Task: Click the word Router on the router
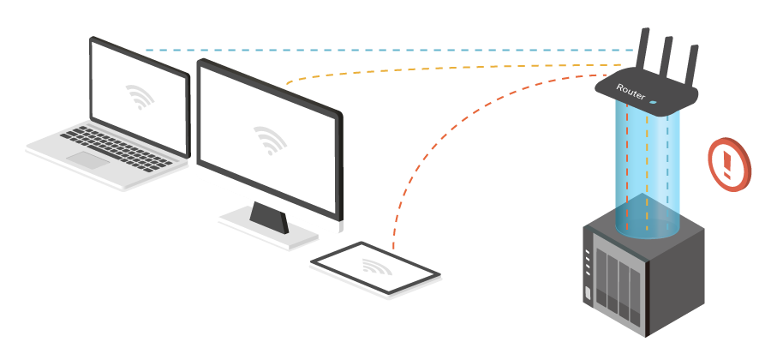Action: click(x=631, y=93)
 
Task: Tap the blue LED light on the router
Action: click(x=653, y=102)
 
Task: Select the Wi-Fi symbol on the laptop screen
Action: click(x=140, y=96)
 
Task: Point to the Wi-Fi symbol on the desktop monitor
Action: click(x=270, y=140)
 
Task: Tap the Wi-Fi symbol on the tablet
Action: click(x=375, y=267)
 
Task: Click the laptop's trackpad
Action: click(x=88, y=159)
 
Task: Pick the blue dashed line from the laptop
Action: click(x=385, y=51)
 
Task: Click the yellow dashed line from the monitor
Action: click(x=454, y=69)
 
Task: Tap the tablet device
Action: click(x=375, y=268)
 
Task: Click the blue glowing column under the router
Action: click(x=648, y=171)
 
